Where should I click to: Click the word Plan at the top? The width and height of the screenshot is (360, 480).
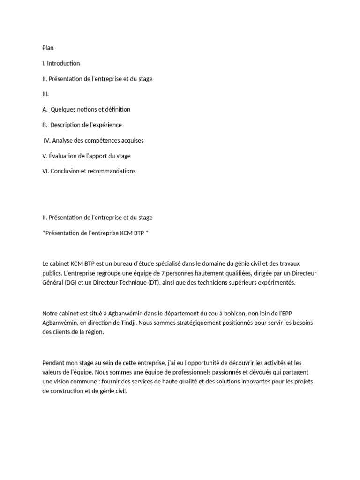tap(48, 48)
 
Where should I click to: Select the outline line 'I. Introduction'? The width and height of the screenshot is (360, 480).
tap(61, 63)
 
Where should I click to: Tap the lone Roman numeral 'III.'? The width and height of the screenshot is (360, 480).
tap(45, 94)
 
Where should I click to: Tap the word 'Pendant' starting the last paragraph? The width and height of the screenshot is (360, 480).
tap(54, 363)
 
